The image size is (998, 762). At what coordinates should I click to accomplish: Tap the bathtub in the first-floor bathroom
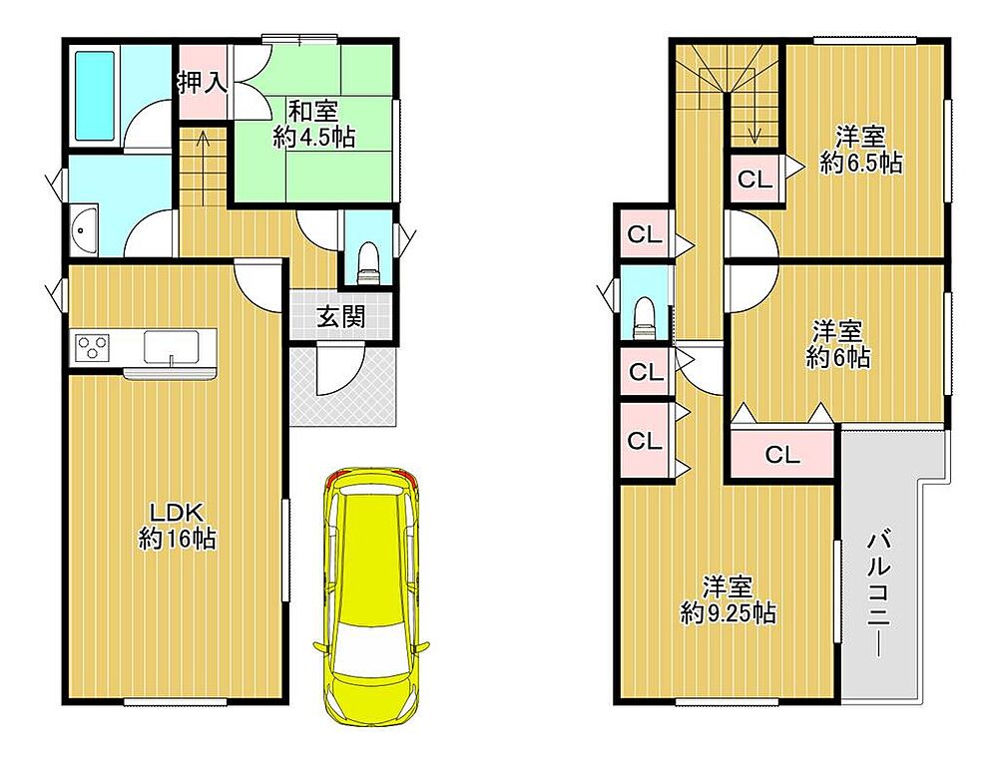(x=95, y=96)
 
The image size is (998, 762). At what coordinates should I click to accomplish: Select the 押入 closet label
(x=202, y=83)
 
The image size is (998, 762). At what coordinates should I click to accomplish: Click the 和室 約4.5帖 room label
(x=313, y=124)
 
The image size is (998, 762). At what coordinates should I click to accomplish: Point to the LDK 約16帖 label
(x=177, y=525)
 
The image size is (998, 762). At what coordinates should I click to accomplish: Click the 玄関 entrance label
(x=341, y=316)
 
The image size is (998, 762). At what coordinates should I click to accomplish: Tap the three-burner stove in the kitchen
(x=92, y=348)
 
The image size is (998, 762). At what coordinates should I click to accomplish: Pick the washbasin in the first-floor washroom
(x=84, y=230)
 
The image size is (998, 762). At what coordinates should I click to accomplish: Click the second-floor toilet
(x=644, y=316)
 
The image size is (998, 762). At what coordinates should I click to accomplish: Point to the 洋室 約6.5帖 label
(x=860, y=151)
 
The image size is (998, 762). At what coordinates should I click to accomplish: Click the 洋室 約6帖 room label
(x=837, y=344)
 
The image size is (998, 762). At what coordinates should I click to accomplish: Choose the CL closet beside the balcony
(x=782, y=454)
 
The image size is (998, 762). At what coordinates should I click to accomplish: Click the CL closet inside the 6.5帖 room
(x=755, y=179)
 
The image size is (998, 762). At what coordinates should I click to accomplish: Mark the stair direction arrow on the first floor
(x=203, y=168)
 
